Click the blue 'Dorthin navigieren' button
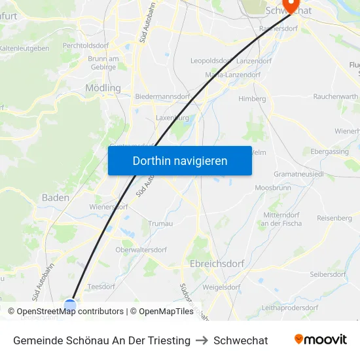[179, 160]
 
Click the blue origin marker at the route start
[70, 305]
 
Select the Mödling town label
[103, 88]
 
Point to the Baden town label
[56, 197]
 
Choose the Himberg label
[252, 99]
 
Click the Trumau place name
[160, 223]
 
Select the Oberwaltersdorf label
[141, 249]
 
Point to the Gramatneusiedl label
[300, 175]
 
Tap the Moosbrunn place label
[272, 188]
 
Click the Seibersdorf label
[328, 274]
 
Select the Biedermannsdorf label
[162, 96]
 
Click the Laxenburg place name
[172, 118]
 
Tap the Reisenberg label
[334, 218]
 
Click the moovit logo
[320, 340]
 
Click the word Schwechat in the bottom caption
[240, 340]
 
